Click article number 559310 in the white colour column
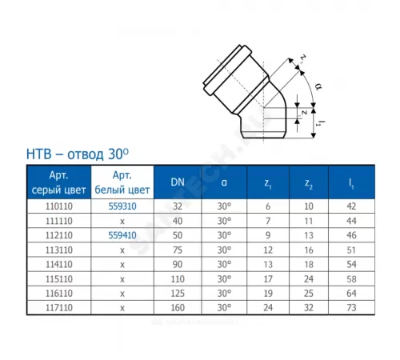tap(122, 206)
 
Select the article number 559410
tap(122, 235)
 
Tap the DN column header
tap(178, 182)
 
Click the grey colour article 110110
tap(59, 206)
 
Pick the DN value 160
tap(178, 308)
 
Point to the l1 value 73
tap(351, 308)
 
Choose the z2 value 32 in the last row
tap(309, 308)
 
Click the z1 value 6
tap(268, 206)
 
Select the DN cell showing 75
tap(178, 250)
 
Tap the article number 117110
tap(59, 308)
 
